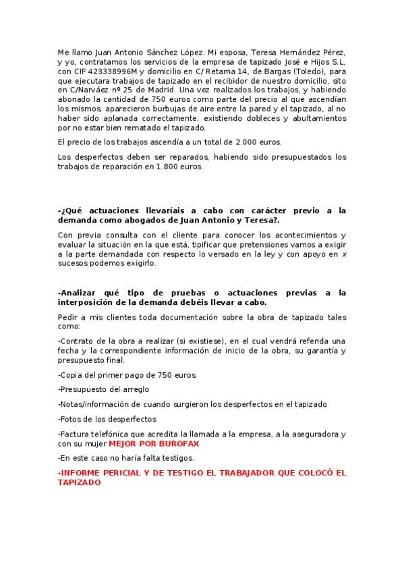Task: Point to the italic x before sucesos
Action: pos(345,254)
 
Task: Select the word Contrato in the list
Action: pos(77,341)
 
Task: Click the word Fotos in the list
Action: pos(71,418)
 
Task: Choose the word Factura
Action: pos(76,434)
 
